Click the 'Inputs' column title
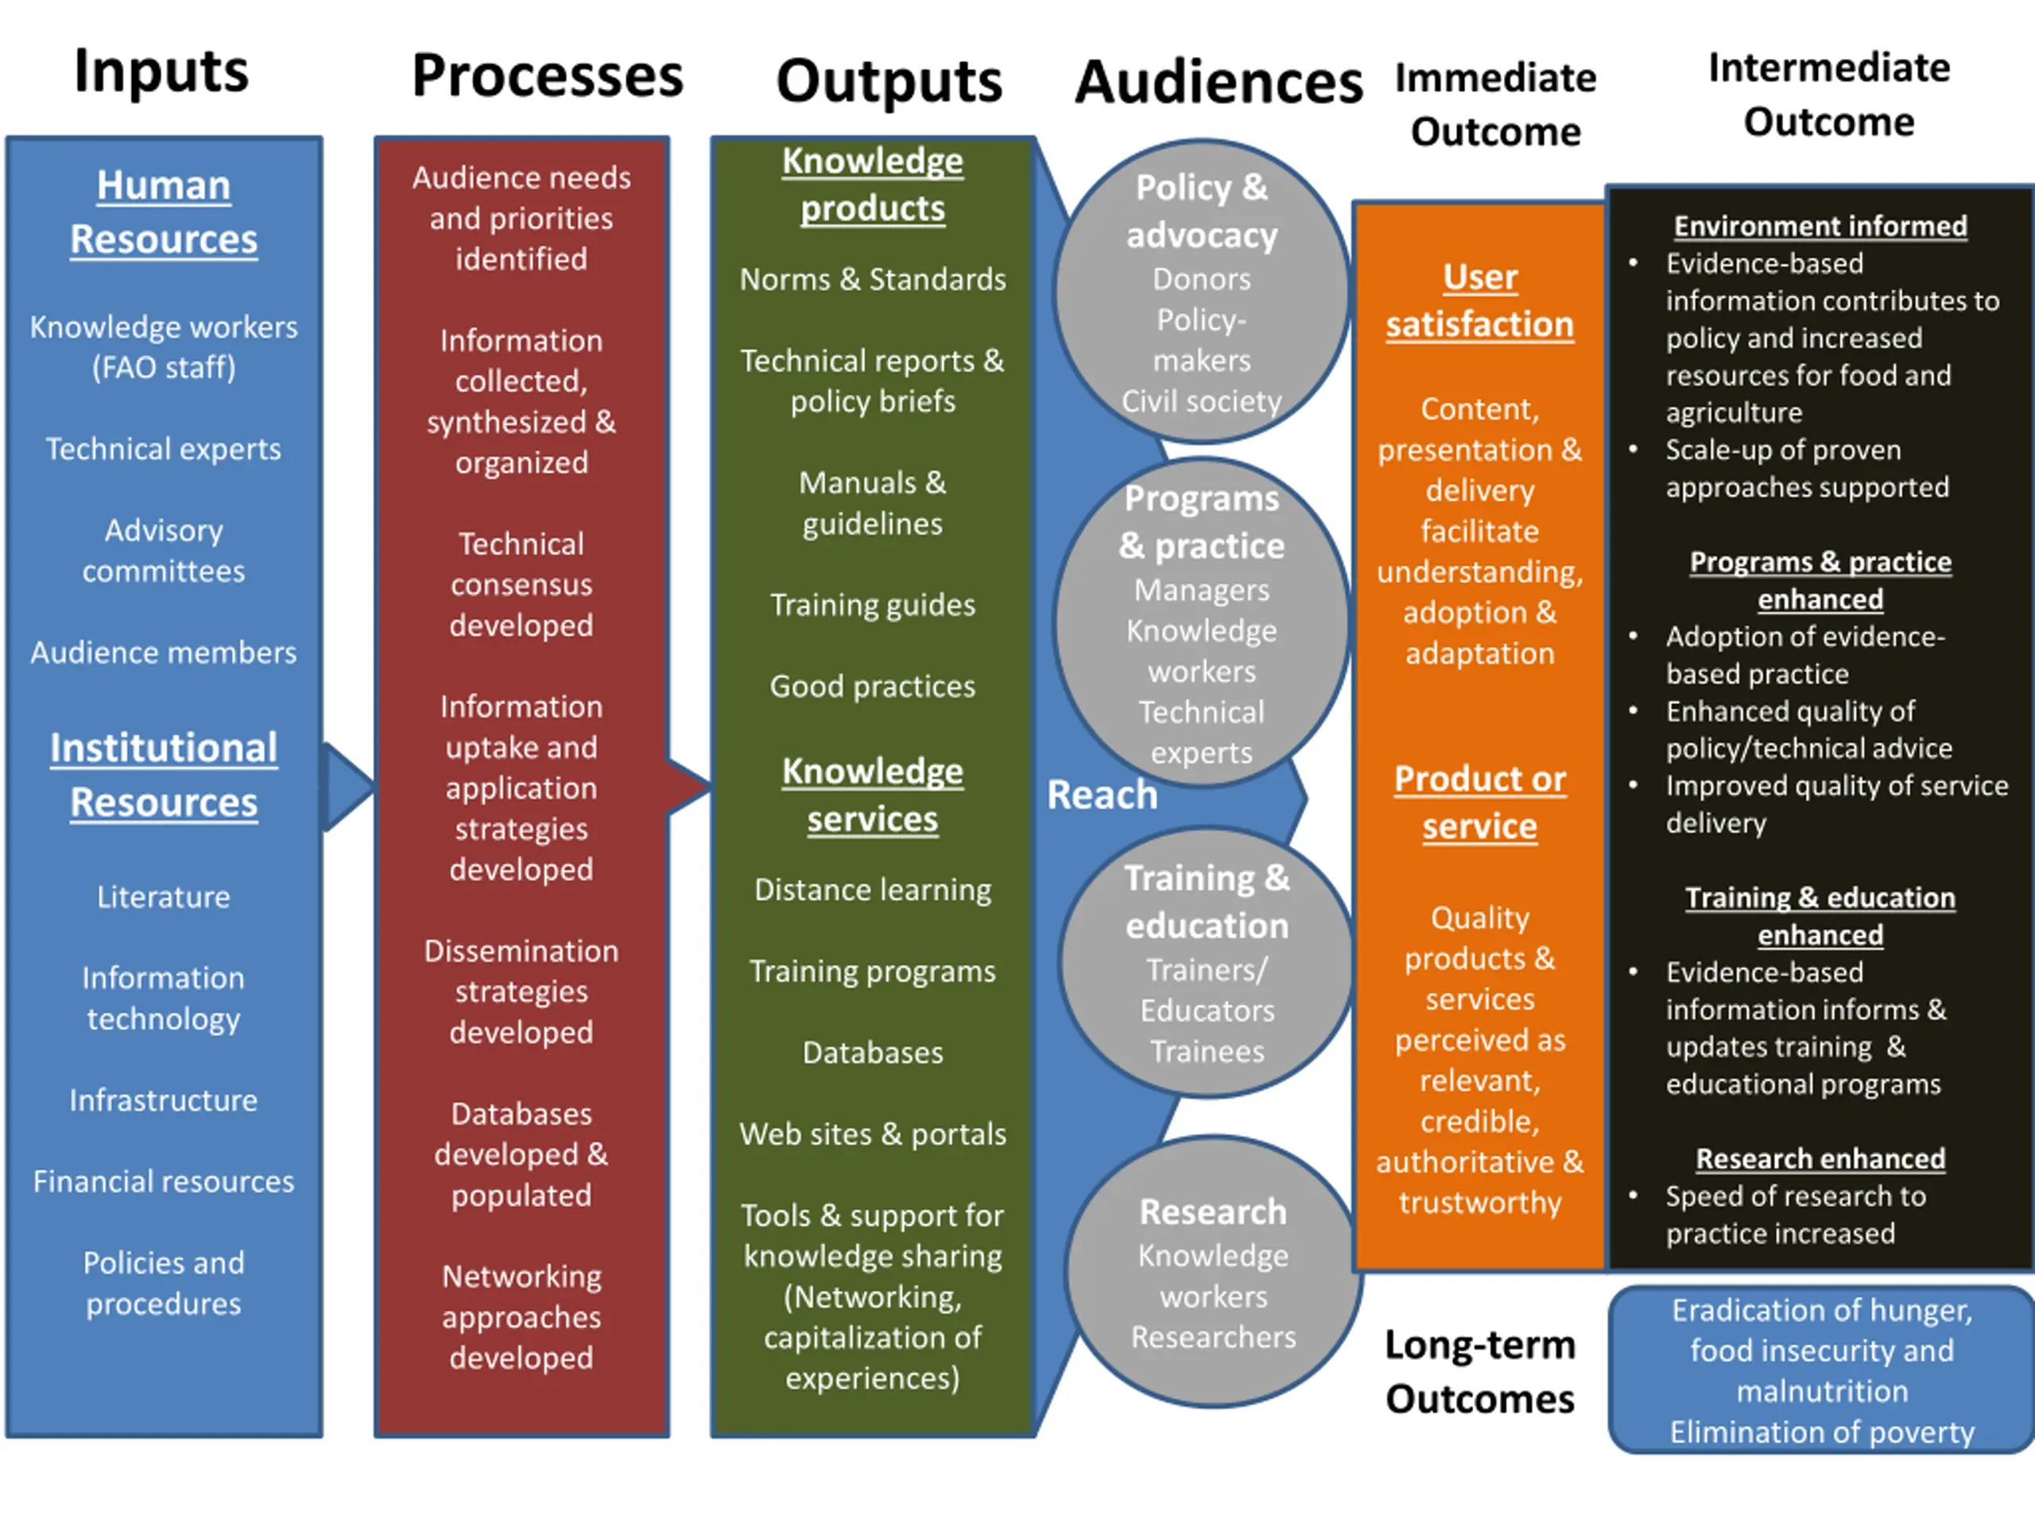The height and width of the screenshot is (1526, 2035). pos(161,72)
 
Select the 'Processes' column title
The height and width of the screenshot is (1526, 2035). pos(548,76)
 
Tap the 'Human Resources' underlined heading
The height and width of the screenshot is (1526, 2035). pos(164,212)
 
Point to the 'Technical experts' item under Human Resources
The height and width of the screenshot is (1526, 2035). pos(164,449)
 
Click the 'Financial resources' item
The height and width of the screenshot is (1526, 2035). pos(164,1181)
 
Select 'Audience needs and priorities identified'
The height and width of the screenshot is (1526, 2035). pos(521,218)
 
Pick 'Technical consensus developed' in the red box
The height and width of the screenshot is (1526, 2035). pos(521,584)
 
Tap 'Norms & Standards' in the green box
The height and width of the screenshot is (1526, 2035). pos(873,279)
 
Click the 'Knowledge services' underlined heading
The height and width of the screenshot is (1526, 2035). pos(873,795)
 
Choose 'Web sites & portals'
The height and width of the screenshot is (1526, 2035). pos(873,1134)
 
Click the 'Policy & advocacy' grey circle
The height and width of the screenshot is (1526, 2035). pos(1201,292)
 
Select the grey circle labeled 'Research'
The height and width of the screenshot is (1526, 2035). pos(1214,1272)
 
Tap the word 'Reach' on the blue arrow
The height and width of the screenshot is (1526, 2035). pos(1102,795)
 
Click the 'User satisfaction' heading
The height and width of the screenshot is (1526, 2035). pos(1480,300)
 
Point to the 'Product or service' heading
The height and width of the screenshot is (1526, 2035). pos(1480,803)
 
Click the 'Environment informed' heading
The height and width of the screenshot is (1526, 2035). pos(1820,227)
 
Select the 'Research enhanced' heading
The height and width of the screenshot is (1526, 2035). pos(1820,1159)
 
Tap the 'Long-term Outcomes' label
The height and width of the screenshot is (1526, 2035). pos(1480,1373)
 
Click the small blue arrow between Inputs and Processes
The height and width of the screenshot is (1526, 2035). pos(347,788)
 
